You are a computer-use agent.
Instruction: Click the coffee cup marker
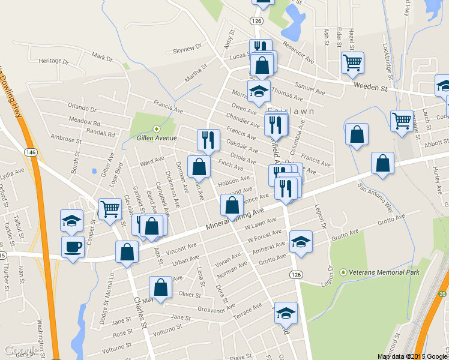tap(73, 247)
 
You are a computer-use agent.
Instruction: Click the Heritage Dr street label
tap(53, 61)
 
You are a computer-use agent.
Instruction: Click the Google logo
tap(22, 350)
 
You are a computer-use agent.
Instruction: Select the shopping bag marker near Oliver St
tap(160, 286)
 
